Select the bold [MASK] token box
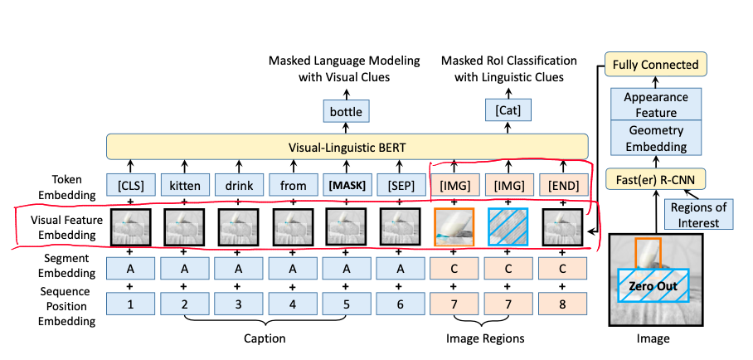pyautogui.click(x=347, y=184)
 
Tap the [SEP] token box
pyautogui.click(x=401, y=184)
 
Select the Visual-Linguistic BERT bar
pyautogui.click(x=347, y=147)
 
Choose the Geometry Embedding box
pyautogui.click(x=656, y=138)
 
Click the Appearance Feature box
pyautogui.click(x=656, y=105)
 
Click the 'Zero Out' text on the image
pyautogui.click(x=654, y=286)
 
